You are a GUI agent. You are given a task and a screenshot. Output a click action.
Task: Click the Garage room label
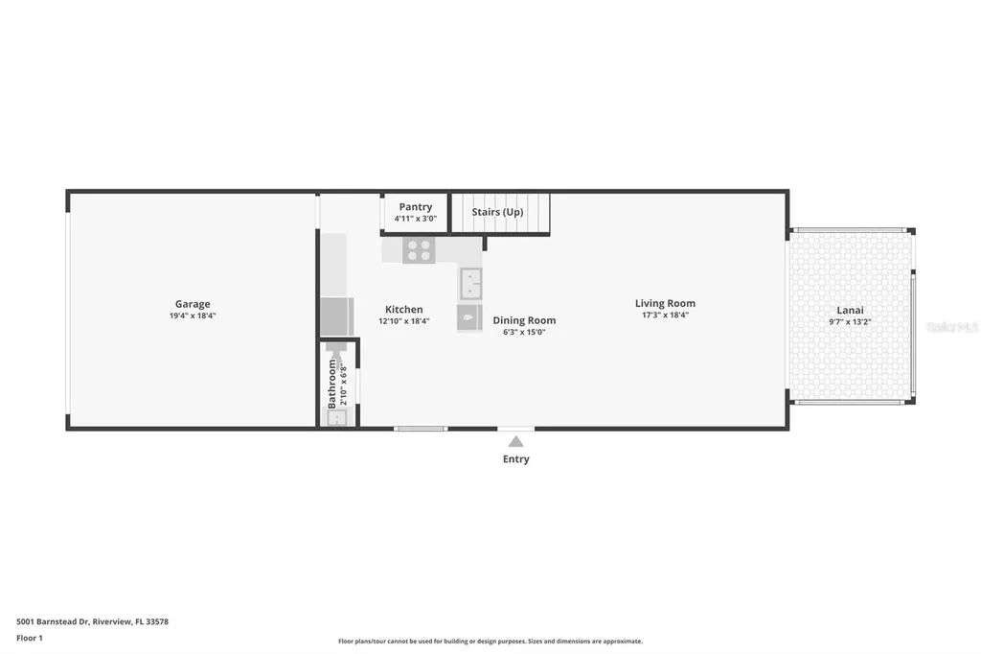pos(192,304)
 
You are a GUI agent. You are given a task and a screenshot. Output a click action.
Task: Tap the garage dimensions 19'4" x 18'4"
pos(192,315)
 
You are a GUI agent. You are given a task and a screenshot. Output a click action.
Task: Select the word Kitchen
pos(403,310)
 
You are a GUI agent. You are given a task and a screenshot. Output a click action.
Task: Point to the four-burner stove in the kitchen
pos(419,250)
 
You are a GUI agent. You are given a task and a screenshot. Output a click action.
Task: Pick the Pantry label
pos(416,207)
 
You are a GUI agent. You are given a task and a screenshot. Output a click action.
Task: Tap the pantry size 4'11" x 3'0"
pos(416,219)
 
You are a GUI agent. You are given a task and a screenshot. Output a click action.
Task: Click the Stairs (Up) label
pos(498,212)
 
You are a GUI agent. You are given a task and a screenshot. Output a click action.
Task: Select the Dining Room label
pos(524,320)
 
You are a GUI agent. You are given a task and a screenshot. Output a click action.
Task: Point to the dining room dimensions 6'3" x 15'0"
pos(524,332)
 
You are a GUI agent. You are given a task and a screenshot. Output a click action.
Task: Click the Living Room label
pos(665,303)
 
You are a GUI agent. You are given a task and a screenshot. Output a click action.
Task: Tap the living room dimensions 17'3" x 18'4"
pos(665,315)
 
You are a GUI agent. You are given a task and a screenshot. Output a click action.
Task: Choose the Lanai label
pos(850,310)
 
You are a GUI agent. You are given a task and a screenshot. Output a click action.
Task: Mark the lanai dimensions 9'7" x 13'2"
pos(850,322)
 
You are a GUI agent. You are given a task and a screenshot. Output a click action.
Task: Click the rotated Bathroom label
pos(332,384)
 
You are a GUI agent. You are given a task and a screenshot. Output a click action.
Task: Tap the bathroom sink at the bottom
pos(334,416)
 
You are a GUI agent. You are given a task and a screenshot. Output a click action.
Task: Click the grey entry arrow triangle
pos(515,441)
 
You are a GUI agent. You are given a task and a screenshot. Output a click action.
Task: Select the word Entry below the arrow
pos(515,459)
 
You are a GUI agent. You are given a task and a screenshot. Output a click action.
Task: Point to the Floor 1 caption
pos(30,638)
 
